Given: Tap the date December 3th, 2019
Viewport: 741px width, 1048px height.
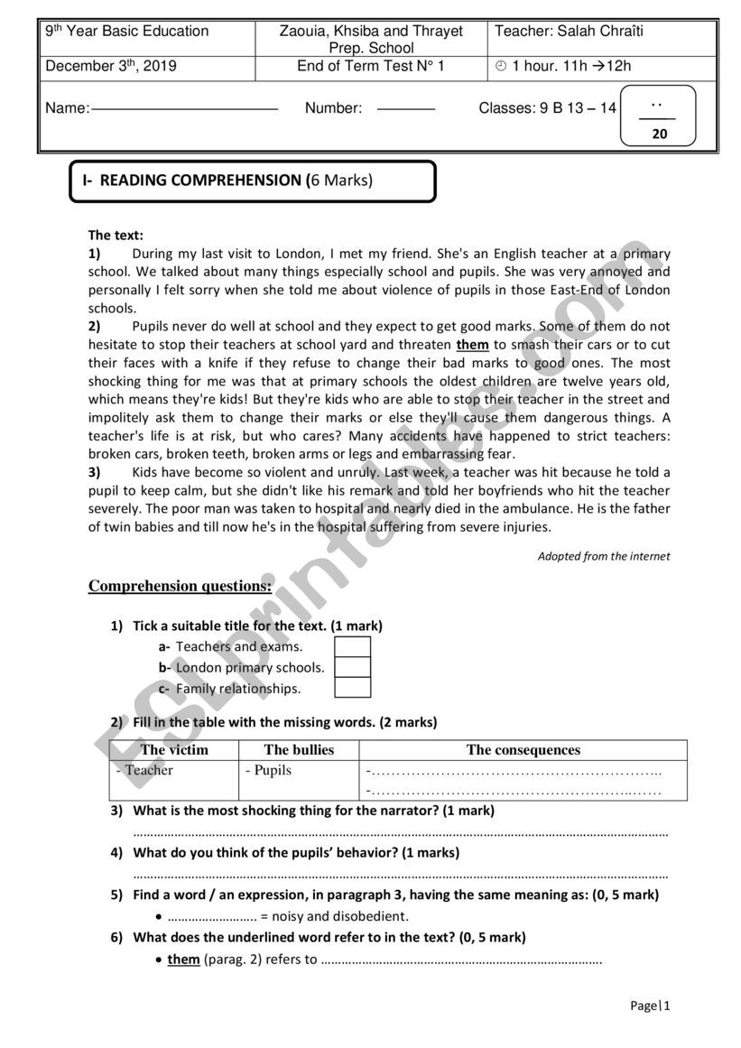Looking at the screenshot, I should pos(111,66).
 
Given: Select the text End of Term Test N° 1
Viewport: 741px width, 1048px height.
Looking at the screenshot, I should pos(371,66).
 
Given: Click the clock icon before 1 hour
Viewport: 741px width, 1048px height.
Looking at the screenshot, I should pos(501,66).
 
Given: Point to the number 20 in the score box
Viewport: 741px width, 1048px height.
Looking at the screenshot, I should pos(659,134).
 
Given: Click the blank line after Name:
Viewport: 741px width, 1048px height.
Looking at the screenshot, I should pos(185,109).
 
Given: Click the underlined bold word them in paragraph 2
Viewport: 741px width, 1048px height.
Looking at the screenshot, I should pos(472,345).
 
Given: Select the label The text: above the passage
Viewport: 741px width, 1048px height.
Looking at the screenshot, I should pos(116,235).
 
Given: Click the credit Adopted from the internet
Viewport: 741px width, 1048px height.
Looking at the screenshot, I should pos(604,556).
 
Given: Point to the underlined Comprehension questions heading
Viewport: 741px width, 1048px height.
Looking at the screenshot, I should pos(180,586).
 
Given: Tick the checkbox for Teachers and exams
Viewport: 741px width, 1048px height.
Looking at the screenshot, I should pos(353,646).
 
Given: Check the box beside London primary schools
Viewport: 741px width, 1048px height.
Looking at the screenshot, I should pos(353,667).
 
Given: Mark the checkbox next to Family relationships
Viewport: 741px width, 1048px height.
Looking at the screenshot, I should pos(353,688).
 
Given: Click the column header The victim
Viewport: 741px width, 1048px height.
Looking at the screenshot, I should pos(174,750).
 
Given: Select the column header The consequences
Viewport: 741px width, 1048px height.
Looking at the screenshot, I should pos(523,750).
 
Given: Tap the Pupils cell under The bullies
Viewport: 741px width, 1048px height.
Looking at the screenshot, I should pos(270,771).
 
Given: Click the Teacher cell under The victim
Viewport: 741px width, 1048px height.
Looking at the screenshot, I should pos(148,771).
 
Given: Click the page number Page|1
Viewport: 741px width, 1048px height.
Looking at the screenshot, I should pos(650,1006).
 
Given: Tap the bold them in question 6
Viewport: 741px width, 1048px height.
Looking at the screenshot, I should pos(183,959).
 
